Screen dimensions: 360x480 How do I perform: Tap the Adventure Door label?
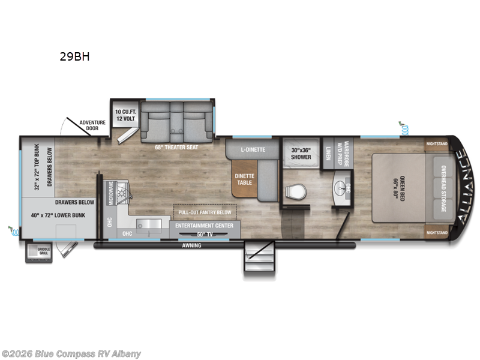click(x=92, y=125)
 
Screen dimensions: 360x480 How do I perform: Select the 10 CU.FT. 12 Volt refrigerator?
click(x=127, y=114)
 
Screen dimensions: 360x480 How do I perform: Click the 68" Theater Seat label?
click(x=176, y=147)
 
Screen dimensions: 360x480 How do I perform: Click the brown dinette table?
click(x=244, y=180)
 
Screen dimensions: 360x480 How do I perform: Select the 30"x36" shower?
click(x=301, y=154)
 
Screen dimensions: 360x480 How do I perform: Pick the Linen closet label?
click(x=329, y=153)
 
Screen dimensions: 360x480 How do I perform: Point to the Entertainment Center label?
click(x=205, y=225)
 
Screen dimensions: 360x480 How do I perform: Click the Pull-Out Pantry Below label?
click(x=205, y=212)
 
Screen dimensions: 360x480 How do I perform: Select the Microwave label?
click(x=110, y=192)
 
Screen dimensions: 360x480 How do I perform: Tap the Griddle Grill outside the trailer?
click(x=38, y=252)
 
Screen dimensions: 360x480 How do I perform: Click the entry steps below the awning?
click(x=259, y=258)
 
